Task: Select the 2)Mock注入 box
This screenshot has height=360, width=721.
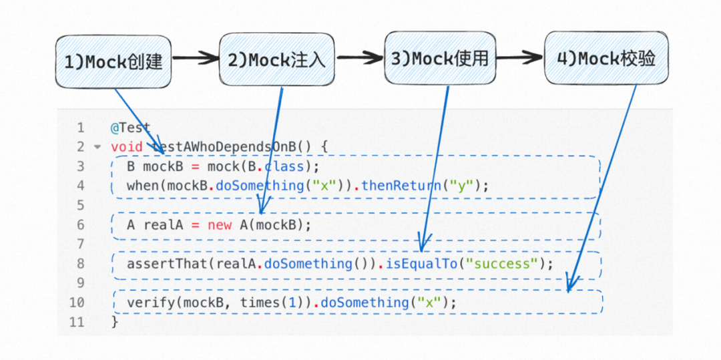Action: [x=276, y=60]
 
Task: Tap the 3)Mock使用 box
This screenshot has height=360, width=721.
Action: [x=440, y=59]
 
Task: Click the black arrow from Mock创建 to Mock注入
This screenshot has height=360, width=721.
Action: [x=194, y=59]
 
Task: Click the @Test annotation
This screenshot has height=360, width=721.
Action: [x=131, y=128]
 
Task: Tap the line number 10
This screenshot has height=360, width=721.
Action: [x=77, y=303]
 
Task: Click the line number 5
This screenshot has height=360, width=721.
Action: [x=81, y=205]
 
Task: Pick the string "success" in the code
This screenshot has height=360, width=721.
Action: [x=503, y=264]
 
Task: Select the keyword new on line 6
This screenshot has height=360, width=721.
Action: [x=220, y=225]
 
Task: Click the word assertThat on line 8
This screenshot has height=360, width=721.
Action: [x=167, y=264]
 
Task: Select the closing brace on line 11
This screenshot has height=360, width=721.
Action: [x=114, y=322]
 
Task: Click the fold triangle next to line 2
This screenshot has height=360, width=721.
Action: [x=97, y=147]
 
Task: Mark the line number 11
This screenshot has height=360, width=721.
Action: [x=77, y=322]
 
